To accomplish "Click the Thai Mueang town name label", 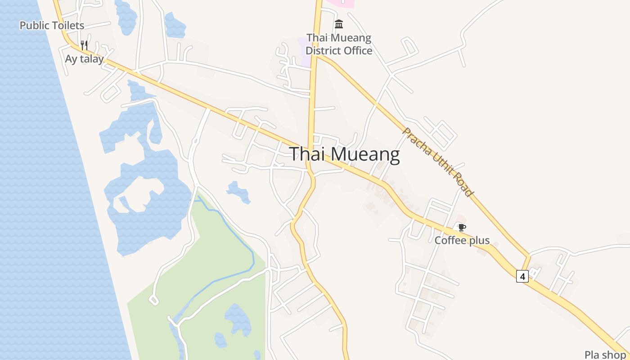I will (x=344, y=154).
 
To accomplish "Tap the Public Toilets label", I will (x=52, y=26).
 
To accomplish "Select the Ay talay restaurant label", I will (x=84, y=59).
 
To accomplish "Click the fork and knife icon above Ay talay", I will (x=84, y=45).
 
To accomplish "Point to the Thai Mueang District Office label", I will (x=339, y=44).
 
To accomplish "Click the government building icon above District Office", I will (x=339, y=24).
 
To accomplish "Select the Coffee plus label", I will (x=462, y=240).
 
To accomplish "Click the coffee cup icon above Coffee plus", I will (x=462, y=227).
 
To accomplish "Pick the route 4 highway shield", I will (x=522, y=276).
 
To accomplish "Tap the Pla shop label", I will (x=605, y=355).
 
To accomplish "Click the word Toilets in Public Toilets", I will (x=67, y=26).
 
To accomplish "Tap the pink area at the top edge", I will (x=341, y=3).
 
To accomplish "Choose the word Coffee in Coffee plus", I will (x=450, y=240).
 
